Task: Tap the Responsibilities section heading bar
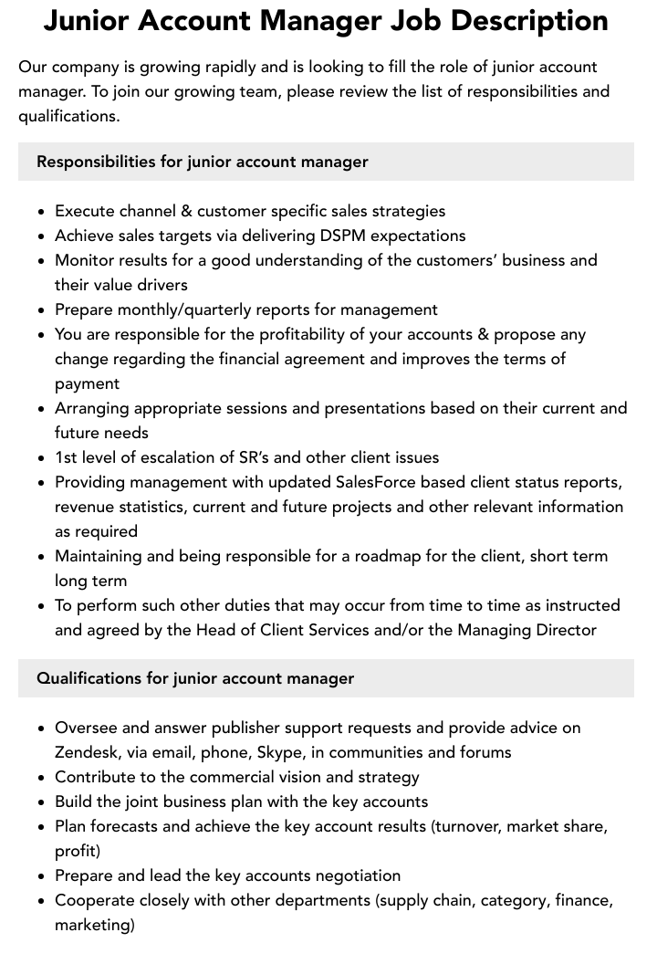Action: point(326,162)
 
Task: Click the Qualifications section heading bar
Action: point(326,678)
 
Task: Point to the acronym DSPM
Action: point(344,236)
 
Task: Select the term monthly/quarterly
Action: point(176,309)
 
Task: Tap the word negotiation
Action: point(358,875)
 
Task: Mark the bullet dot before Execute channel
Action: point(41,212)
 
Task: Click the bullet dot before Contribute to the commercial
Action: point(41,778)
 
